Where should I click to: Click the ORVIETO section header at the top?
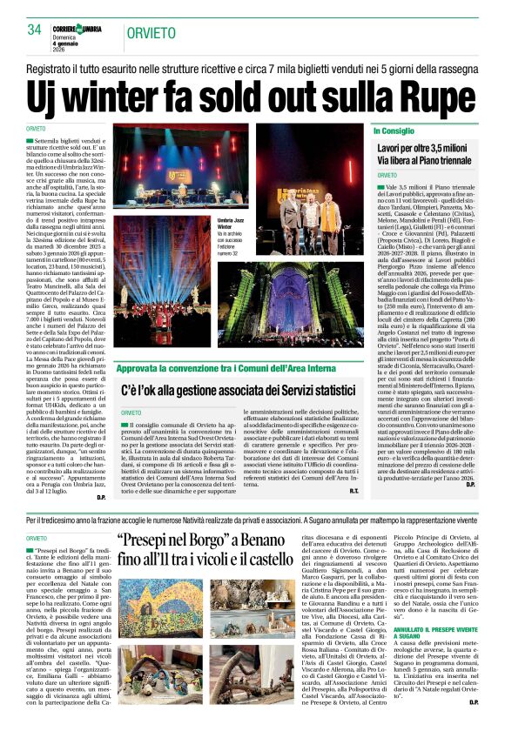pos(150,32)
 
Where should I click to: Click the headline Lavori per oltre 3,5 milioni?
pos(428,150)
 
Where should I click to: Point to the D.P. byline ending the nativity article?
pos(470,726)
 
